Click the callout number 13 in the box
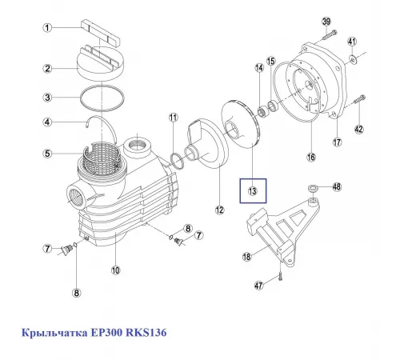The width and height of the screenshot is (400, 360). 252,191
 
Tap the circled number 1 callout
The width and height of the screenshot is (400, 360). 47,29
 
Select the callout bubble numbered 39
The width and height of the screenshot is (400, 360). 326,20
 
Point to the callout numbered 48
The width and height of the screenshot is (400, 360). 337,187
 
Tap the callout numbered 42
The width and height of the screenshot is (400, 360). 358,130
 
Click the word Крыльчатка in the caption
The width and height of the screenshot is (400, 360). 50,331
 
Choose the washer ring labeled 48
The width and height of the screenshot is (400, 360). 316,189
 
